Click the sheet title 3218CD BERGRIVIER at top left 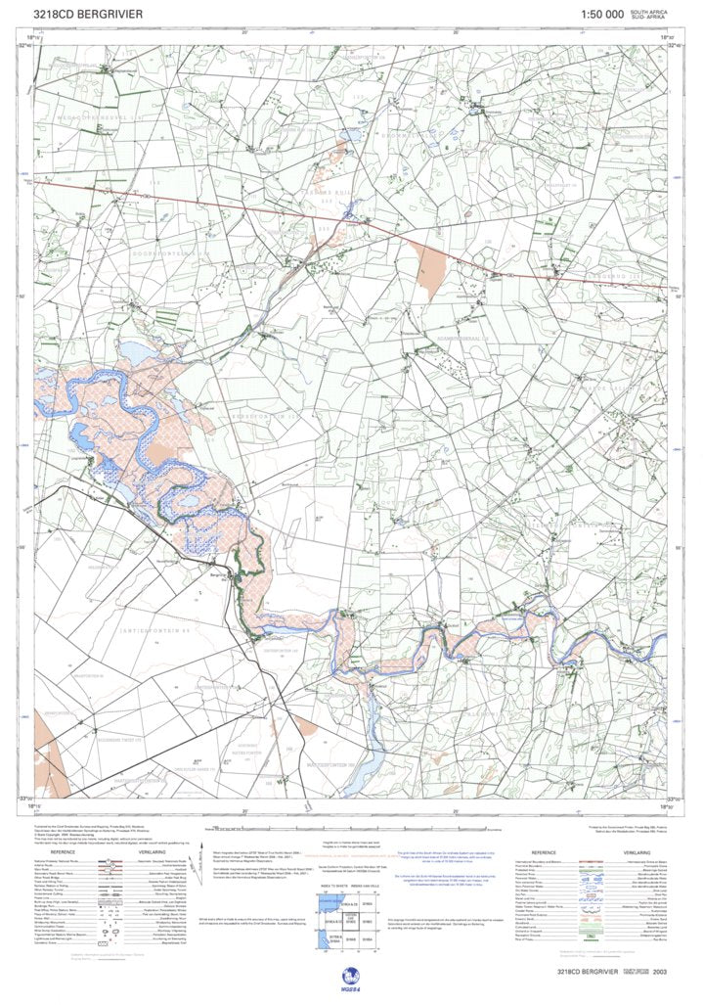[87, 15]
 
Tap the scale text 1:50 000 [601, 15]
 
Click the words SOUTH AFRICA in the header [651, 11]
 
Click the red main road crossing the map [293, 214]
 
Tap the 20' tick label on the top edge [245, 32]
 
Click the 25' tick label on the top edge [456, 32]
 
